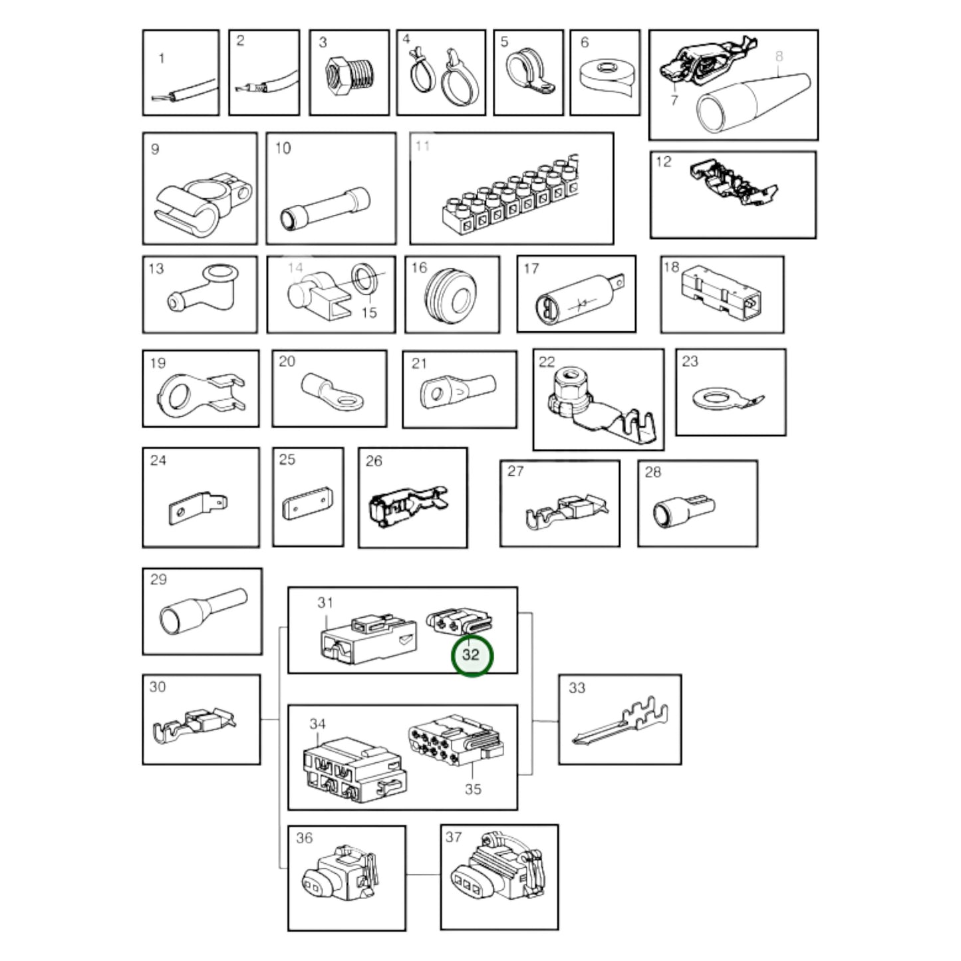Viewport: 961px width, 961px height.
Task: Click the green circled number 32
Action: pos(472,655)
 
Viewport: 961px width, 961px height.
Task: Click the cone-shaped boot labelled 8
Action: pos(752,103)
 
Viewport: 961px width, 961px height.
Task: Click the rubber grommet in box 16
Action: pos(450,296)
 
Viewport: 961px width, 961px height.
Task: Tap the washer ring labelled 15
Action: pos(364,280)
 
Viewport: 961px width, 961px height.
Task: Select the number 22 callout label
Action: pos(547,362)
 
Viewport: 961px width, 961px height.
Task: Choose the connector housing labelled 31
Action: pos(368,640)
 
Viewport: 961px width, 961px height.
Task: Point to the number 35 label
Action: pos(474,789)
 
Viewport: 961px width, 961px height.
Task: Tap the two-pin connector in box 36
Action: pos(339,881)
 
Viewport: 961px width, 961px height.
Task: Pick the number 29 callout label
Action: pos(158,579)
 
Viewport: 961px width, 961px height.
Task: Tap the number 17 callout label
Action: pos(531,269)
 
